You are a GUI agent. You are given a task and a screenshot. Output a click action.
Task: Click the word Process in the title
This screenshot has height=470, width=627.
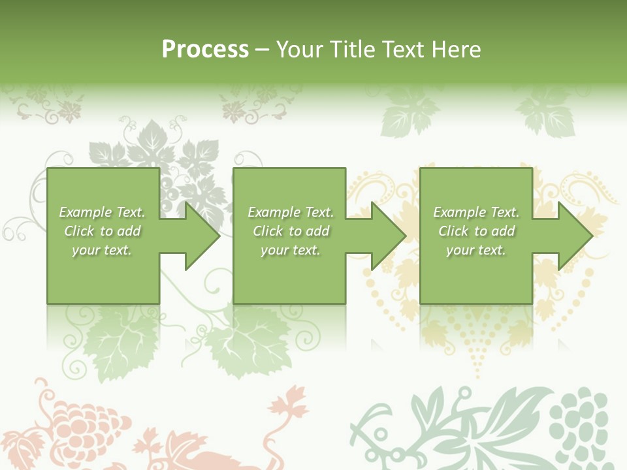tap(205, 50)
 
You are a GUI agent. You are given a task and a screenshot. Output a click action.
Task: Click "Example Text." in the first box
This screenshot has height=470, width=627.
tap(102, 212)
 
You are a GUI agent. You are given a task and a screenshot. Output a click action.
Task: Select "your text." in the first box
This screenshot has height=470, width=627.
tap(102, 250)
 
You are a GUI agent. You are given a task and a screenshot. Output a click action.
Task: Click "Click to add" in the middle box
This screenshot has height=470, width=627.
tap(291, 231)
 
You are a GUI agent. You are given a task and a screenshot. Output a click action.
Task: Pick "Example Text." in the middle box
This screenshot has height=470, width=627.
tap(291, 212)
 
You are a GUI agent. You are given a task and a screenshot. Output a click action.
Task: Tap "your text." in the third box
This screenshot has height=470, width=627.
tap(476, 250)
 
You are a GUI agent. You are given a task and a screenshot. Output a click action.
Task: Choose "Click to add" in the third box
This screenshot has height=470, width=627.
tap(476, 231)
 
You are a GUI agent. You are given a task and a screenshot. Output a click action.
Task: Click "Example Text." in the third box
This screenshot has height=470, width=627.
tap(476, 212)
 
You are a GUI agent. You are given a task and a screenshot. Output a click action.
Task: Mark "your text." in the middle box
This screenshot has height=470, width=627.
tap(291, 250)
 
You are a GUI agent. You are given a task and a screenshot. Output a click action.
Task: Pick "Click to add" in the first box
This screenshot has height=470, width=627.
tap(102, 231)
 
